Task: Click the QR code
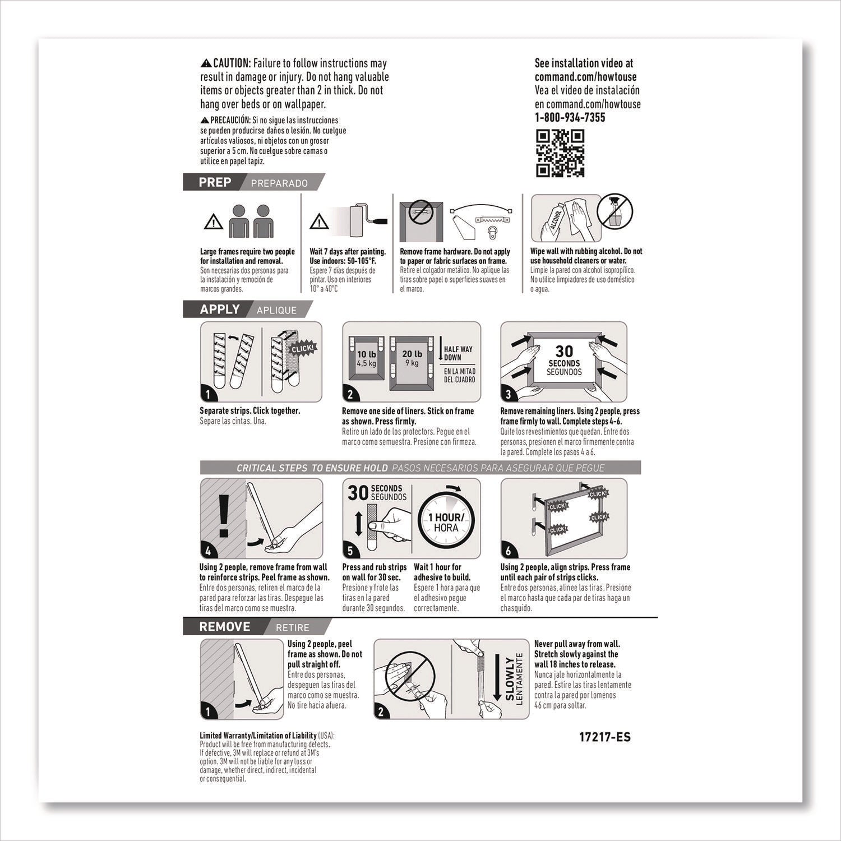pos(560,153)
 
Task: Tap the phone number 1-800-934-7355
pos(570,117)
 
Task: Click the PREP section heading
pos(215,182)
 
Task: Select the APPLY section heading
pos(219,309)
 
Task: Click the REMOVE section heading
pos(224,627)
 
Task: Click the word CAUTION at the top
pos(231,64)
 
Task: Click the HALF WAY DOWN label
pos(459,353)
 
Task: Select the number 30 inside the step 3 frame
pos(563,351)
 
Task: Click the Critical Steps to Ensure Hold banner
pos(420,468)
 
